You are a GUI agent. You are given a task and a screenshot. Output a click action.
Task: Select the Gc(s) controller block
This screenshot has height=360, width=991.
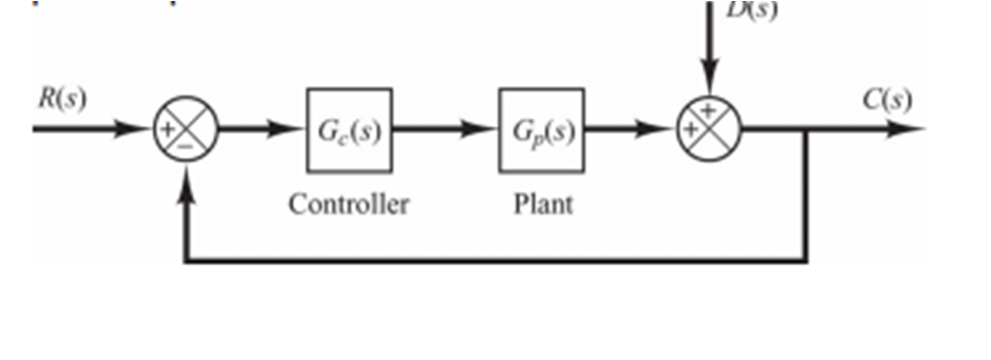(348, 130)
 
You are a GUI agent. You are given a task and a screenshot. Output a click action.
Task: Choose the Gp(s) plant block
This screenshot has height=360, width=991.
(540, 130)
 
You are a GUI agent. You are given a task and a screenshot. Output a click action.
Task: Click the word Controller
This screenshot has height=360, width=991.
(349, 203)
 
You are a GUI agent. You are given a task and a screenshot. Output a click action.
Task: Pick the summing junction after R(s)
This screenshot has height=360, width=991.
(185, 130)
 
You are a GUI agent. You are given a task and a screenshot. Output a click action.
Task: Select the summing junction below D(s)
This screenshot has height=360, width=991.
(708, 130)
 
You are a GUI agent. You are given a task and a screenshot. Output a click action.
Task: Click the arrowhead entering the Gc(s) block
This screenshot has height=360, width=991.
(290, 130)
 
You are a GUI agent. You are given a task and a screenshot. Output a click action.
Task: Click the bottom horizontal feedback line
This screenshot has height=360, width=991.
(496, 260)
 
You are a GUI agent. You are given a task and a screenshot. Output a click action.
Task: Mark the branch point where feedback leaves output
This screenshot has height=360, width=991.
(808, 130)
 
